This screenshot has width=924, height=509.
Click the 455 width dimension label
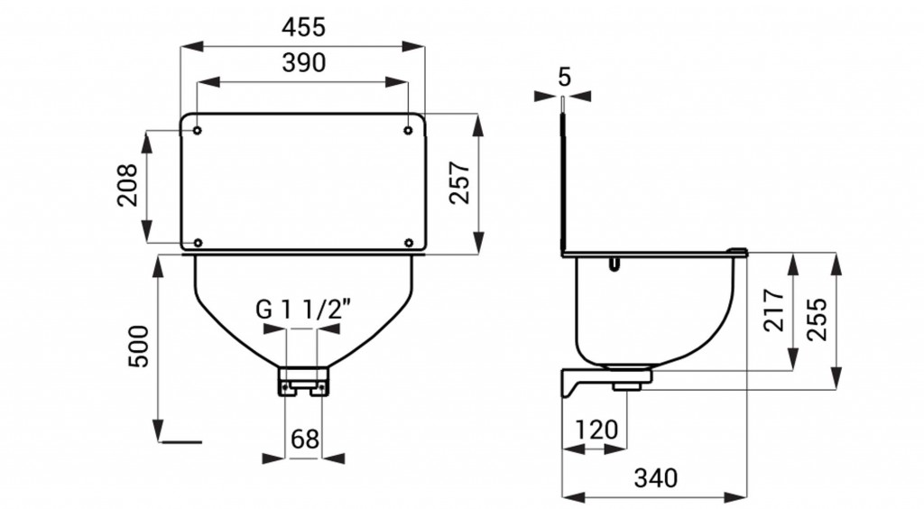point(303,26)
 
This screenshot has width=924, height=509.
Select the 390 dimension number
point(303,62)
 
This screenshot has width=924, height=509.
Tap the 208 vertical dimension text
point(128,185)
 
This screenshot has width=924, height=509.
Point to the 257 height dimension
point(459,182)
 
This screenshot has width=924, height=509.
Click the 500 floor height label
point(139,346)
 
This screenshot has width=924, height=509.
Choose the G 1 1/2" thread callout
point(303,309)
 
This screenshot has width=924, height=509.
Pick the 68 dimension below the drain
point(305,439)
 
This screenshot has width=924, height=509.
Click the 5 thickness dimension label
point(565,77)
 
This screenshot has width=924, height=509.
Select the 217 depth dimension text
point(773,310)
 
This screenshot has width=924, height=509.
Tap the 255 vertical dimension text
point(817,319)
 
